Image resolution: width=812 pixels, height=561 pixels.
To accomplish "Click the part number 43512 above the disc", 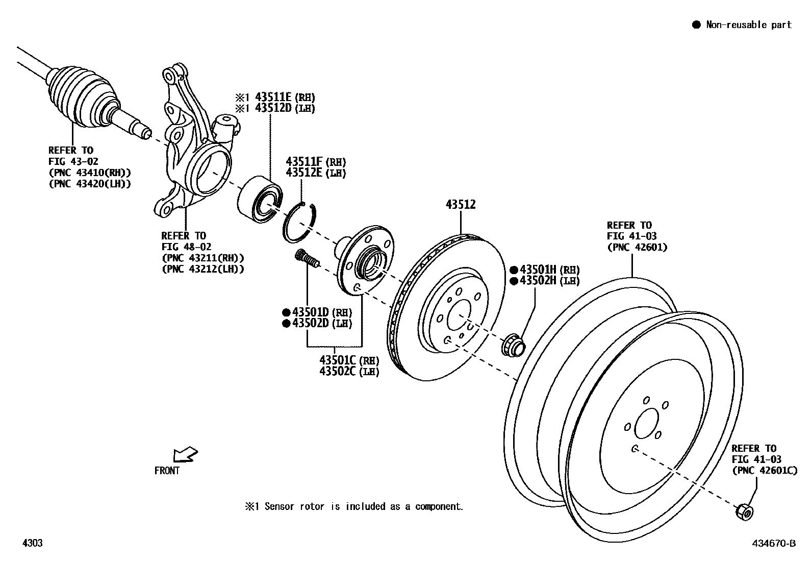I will pos(460,205).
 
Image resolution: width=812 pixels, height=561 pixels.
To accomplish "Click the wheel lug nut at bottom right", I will pos(744,511).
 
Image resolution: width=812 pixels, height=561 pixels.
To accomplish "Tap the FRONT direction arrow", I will pos(185,454).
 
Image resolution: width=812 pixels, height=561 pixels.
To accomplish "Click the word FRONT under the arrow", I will pos(167,471).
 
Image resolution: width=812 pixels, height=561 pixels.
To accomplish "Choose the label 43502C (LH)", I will pos(349,371).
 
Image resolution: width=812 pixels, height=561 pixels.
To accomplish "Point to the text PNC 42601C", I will pos(764,470).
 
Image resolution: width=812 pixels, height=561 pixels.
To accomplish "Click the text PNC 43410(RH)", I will pos(90,173).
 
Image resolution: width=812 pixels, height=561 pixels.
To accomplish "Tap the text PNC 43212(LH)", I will pos(202,269).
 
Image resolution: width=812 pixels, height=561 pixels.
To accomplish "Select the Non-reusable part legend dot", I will pos(696,25).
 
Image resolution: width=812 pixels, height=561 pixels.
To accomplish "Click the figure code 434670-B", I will pos(774,544).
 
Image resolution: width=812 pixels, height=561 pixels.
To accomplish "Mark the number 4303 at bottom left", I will pos(32,543).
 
